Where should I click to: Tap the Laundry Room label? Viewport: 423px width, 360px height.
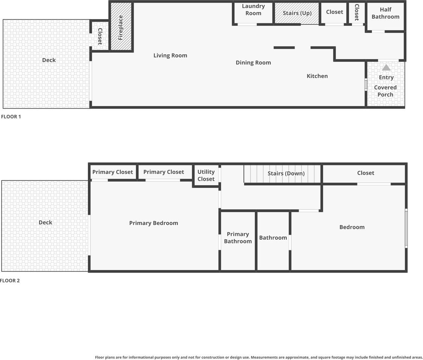(x=253, y=10)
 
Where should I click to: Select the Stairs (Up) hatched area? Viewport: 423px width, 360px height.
(x=297, y=13)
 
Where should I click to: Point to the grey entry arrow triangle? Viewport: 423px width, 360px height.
(x=386, y=68)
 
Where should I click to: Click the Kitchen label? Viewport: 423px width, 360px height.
(x=317, y=76)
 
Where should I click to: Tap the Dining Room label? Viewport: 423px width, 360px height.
(x=253, y=63)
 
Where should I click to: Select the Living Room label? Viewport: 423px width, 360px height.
(x=170, y=55)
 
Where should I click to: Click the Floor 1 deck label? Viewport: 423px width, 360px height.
(x=49, y=60)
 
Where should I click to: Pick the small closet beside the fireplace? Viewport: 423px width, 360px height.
(x=100, y=36)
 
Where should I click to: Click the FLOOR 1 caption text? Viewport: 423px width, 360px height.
(x=11, y=117)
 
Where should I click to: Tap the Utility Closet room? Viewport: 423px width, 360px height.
(x=206, y=175)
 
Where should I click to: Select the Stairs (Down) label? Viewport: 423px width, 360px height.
(x=286, y=173)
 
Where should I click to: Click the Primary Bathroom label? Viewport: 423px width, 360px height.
(x=238, y=238)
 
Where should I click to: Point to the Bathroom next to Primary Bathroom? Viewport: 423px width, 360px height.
(x=273, y=238)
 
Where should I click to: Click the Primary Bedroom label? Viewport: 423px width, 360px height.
(x=154, y=223)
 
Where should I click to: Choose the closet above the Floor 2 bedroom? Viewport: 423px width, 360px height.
(x=366, y=173)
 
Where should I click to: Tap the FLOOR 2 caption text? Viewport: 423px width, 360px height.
(x=10, y=280)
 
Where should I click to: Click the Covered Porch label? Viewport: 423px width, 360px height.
(x=385, y=91)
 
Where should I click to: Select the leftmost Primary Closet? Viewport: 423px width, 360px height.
(x=113, y=172)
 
